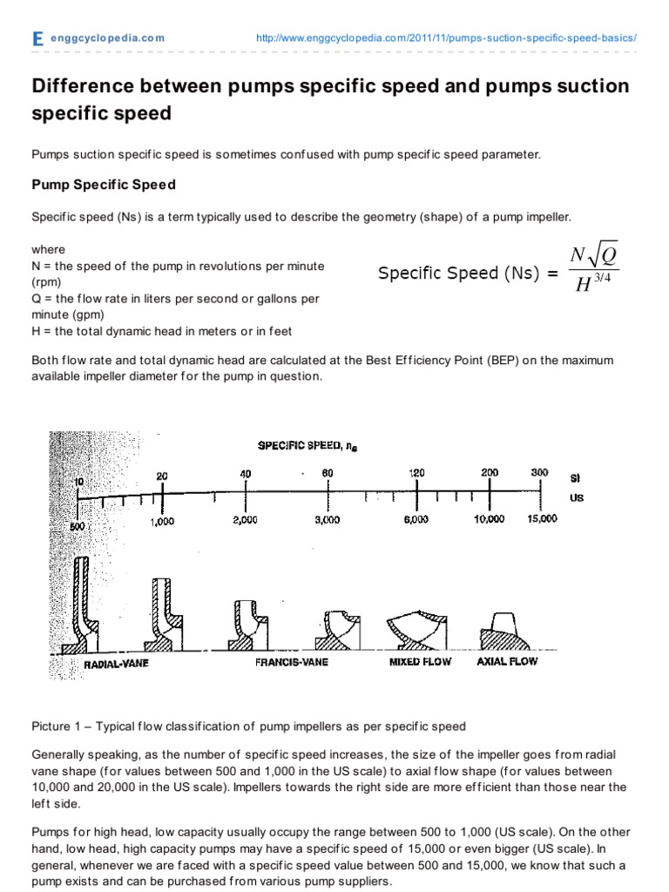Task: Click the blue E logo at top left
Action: tap(37, 39)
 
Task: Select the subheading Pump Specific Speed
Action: tap(104, 185)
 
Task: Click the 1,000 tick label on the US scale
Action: tap(162, 521)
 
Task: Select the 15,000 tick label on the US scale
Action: tap(541, 519)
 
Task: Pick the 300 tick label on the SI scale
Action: tap(540, 473)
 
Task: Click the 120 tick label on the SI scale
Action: tap(417, 473)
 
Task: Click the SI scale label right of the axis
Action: tap(575, 478)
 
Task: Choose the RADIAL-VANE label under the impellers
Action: tap(117, 664)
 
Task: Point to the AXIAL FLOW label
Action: tap(507, 661)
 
